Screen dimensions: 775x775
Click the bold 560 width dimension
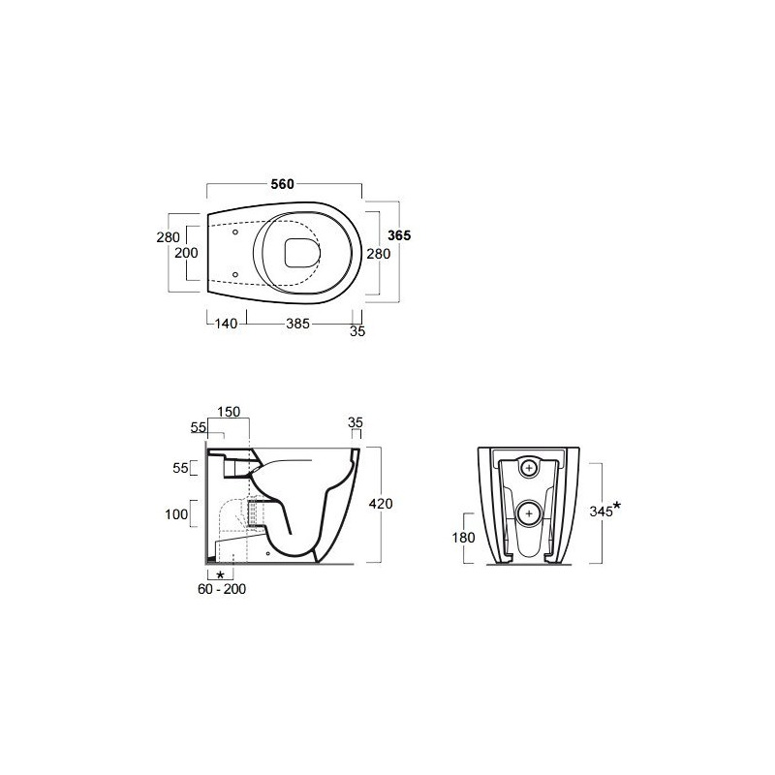[282, 184]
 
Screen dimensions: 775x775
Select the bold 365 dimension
[399, 235]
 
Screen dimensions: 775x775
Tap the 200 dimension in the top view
[186, 253]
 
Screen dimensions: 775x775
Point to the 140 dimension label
[227, 324]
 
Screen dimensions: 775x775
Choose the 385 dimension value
[298, 324]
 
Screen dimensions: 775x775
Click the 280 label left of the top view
[168, 237]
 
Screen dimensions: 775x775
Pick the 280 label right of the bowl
[379, 254]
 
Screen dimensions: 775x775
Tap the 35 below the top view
[357, 331]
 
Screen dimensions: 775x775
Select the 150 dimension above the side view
[229, 412]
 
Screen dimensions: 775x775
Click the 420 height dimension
[381, 504]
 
